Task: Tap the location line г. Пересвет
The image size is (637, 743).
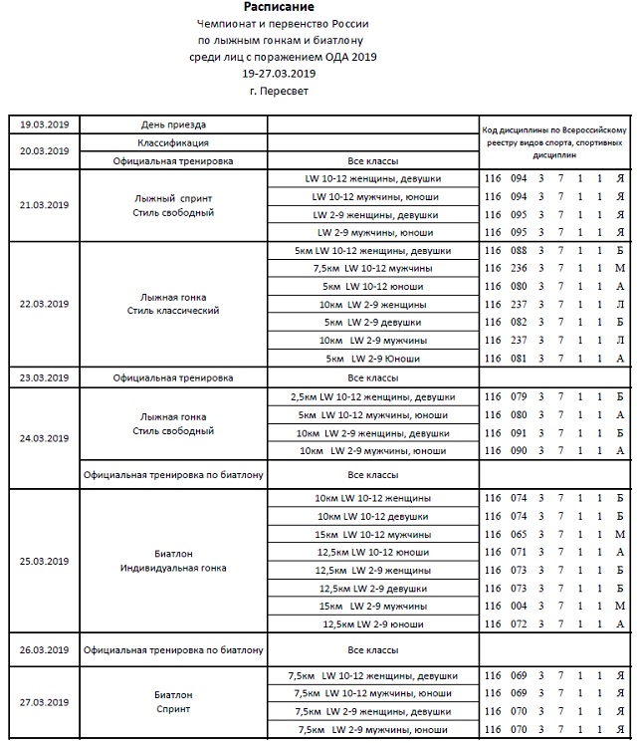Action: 279,91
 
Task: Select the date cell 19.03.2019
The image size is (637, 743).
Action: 45,124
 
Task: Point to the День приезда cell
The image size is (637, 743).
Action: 173,124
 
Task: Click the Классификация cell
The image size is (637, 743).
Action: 173,142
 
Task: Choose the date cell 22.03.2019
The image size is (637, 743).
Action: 45,304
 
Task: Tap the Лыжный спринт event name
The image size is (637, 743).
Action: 173,197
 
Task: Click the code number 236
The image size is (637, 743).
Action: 518,269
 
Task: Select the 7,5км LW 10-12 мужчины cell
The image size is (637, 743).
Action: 373,269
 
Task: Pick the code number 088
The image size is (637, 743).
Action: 518,251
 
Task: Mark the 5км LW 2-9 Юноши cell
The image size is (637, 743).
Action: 373,359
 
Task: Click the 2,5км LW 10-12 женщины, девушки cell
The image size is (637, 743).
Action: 373,396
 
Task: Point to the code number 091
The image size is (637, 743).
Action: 518,433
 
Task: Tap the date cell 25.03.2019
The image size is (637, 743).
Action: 45,561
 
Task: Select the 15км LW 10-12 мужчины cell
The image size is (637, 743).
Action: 373,534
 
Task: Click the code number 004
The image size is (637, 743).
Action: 518,606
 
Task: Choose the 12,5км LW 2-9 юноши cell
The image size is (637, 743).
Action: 373,623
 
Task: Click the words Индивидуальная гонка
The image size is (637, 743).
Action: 173,569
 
